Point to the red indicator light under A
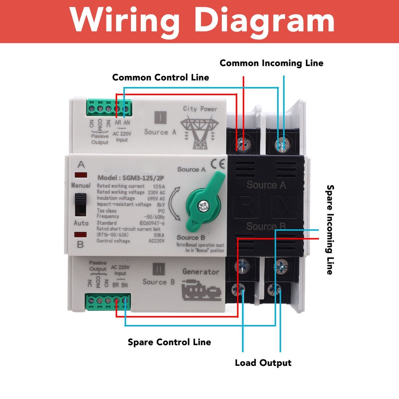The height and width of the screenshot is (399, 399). (x=81, y=175)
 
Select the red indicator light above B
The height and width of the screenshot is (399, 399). (x=81, y=235)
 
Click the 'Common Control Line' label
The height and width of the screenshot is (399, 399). (x=160, y=77)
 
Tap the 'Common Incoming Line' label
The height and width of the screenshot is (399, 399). (x=271, y=63)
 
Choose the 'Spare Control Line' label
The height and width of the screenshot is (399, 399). (x=169, y=342)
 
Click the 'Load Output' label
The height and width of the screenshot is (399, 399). (x=263, y=363)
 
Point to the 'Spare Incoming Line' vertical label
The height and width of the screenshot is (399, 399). (x=330, y=229)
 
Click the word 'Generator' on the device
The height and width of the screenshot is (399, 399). (x=201, y=272)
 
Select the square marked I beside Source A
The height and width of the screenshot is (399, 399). (x=160, y=118)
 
